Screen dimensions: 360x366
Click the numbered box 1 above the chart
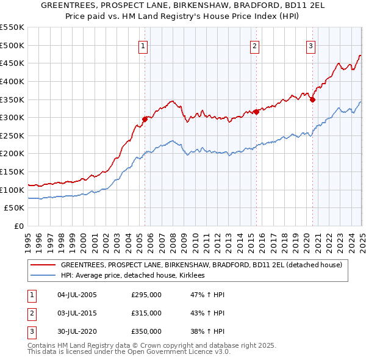(x=143, y=45)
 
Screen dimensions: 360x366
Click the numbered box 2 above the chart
(x=254, y=45)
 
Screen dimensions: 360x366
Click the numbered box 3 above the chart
(x=310, y=45)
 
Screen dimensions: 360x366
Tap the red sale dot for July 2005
(x=145, y=119)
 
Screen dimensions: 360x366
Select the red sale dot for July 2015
(x=257, y=112)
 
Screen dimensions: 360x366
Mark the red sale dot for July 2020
(x=313, y=99)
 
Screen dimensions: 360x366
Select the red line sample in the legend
(x=42, y=265)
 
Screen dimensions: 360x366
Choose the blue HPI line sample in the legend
(x=42, y=276)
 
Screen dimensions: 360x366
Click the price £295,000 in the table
(x=146, y=295)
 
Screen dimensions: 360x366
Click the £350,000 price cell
(x=146, y=331)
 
